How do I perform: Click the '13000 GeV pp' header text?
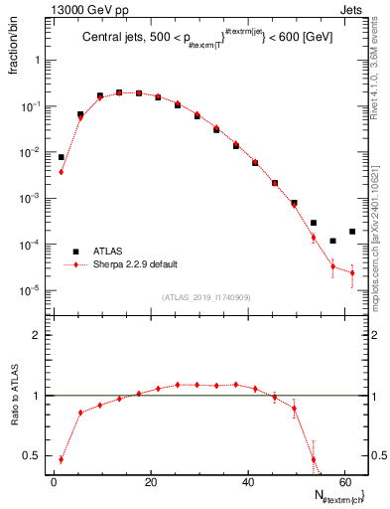point(47,8)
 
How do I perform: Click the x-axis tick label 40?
point(247,481)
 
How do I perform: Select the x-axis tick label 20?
point(151,481)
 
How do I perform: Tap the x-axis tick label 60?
point(344,481)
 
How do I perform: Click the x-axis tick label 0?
point(55,481)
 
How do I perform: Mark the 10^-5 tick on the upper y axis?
point(32,290)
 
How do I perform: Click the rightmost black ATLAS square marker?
point(352,232)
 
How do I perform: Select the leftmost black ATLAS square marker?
point(61,157)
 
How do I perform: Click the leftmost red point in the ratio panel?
point(61,459)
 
